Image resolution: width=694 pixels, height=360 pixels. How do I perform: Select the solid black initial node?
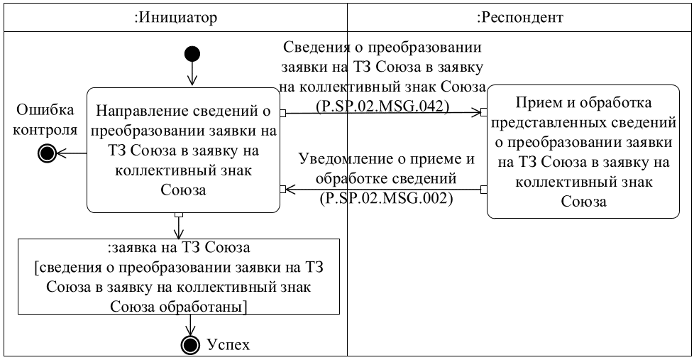click(192, 54)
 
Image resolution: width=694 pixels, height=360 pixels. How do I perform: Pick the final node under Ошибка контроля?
click(48, 153)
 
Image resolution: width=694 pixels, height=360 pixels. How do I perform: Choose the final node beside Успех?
click(190, 344)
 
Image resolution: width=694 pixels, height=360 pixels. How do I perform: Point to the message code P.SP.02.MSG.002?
click(387, 200)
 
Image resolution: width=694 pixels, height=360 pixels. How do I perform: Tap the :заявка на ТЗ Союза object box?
click(179, 277)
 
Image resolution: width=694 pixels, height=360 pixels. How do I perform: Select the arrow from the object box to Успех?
click(190, 324)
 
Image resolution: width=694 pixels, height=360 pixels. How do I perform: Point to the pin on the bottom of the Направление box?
click(180, 214)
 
